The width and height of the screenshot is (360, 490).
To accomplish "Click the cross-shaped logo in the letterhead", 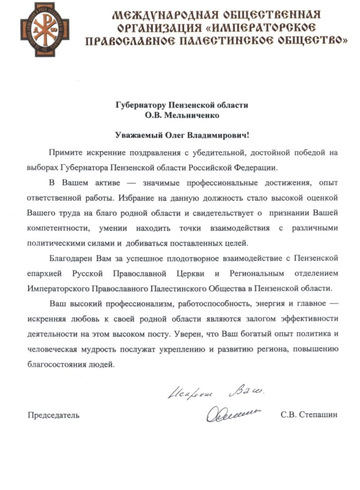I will [45, 29].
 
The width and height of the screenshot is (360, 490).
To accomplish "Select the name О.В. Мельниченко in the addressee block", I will [182, 115].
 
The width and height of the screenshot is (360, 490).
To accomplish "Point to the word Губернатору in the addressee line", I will [138, 105].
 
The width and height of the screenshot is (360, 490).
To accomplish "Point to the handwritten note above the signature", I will [216, 393].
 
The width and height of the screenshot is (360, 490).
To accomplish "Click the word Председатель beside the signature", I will [53, 416].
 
